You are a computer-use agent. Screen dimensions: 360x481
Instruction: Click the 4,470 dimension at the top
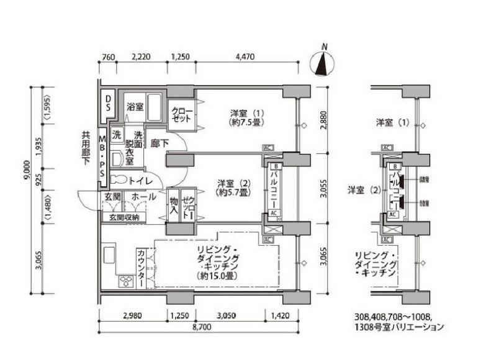(246, 58)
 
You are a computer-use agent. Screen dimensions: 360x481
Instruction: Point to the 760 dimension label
(108, 58)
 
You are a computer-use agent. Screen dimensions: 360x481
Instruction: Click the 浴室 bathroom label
(135, 106)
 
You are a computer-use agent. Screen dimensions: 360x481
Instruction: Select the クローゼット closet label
(181, 115)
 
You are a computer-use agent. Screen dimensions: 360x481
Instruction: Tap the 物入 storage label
(174, 205)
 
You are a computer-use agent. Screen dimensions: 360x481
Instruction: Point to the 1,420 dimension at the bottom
(280, 315)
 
